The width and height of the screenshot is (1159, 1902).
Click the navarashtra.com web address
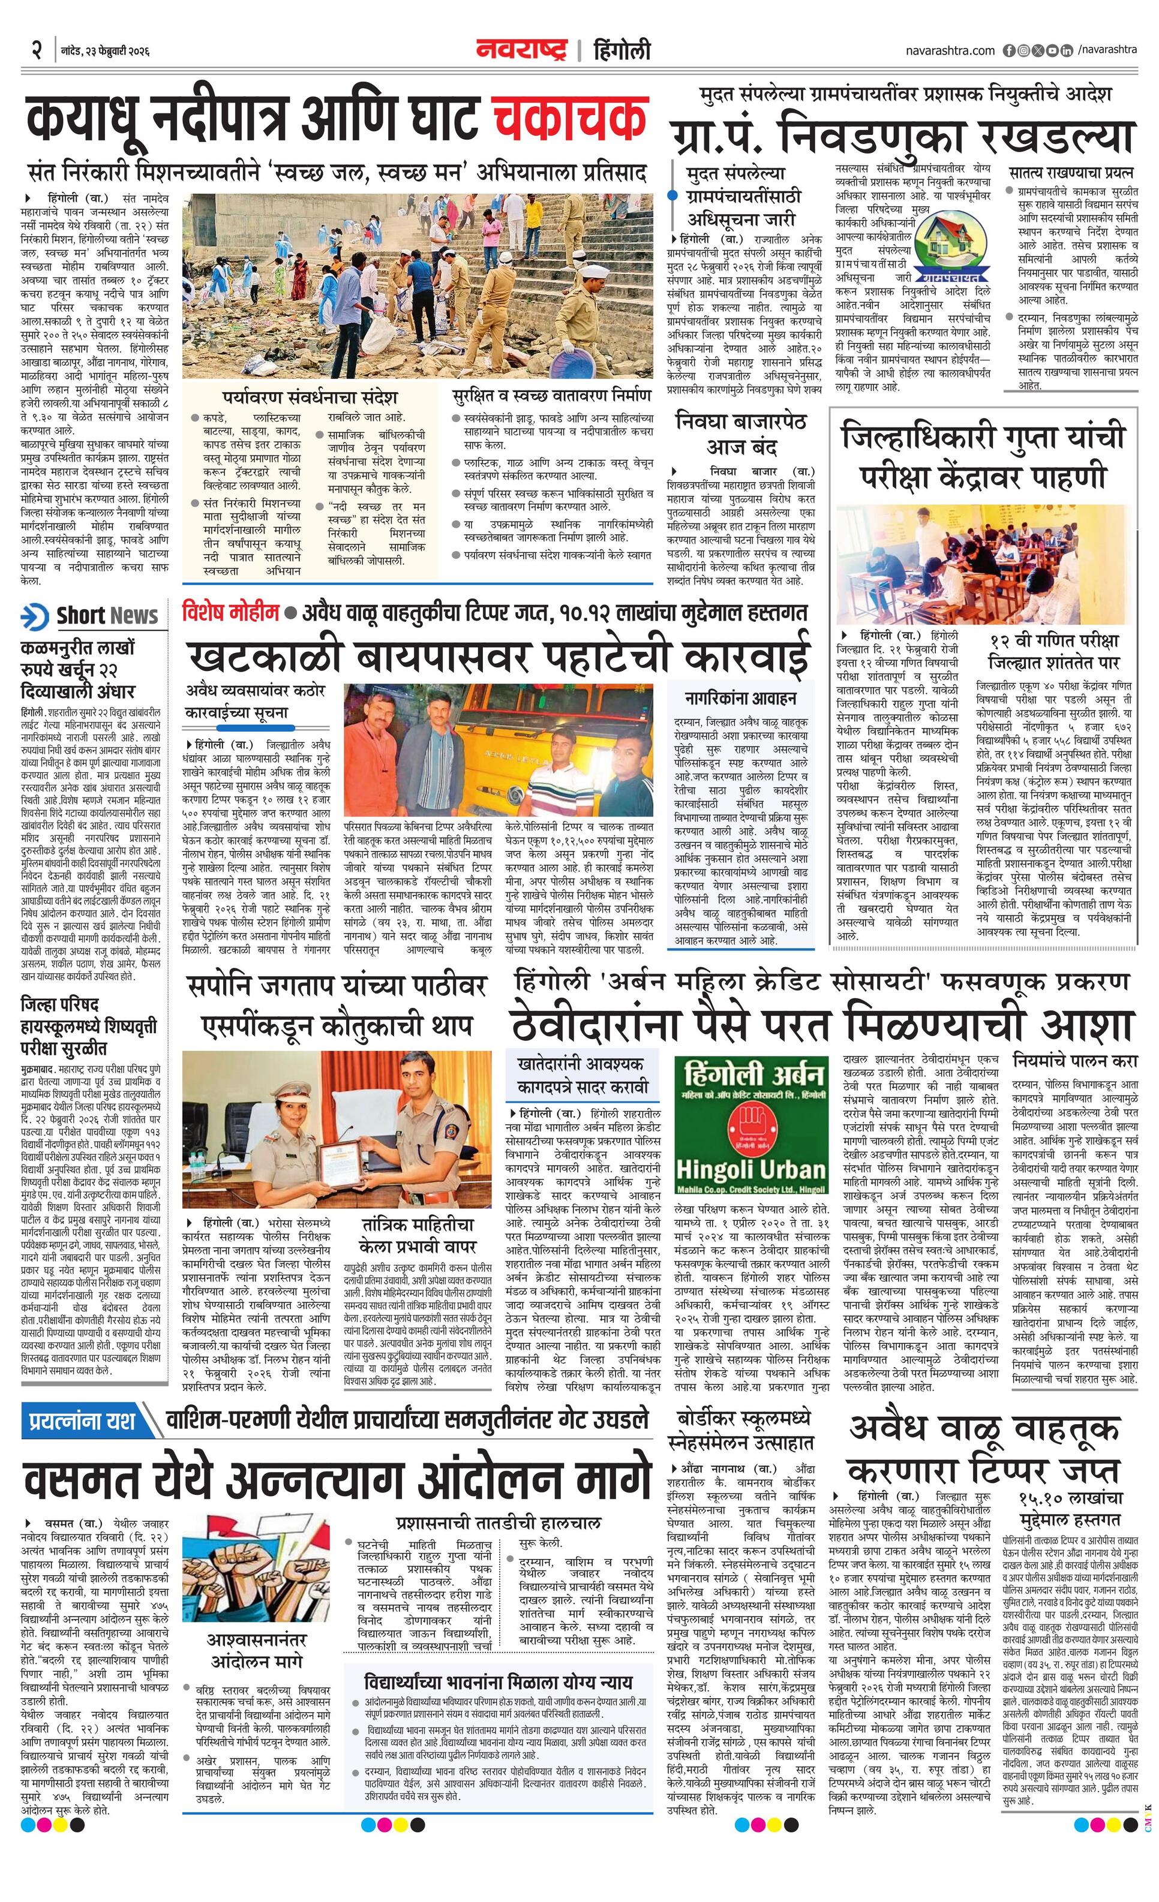[x=950, y=51]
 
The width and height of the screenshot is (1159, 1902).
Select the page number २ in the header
[x=35, y=51]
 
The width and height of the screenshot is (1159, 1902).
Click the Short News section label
[x=107, y=616]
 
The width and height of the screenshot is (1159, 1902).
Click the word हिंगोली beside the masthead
[x=621, y=51]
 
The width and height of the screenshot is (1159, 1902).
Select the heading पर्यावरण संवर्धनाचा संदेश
[x=310, y=397]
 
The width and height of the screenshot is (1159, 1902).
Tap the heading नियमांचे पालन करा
[x=1076, y=1060]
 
